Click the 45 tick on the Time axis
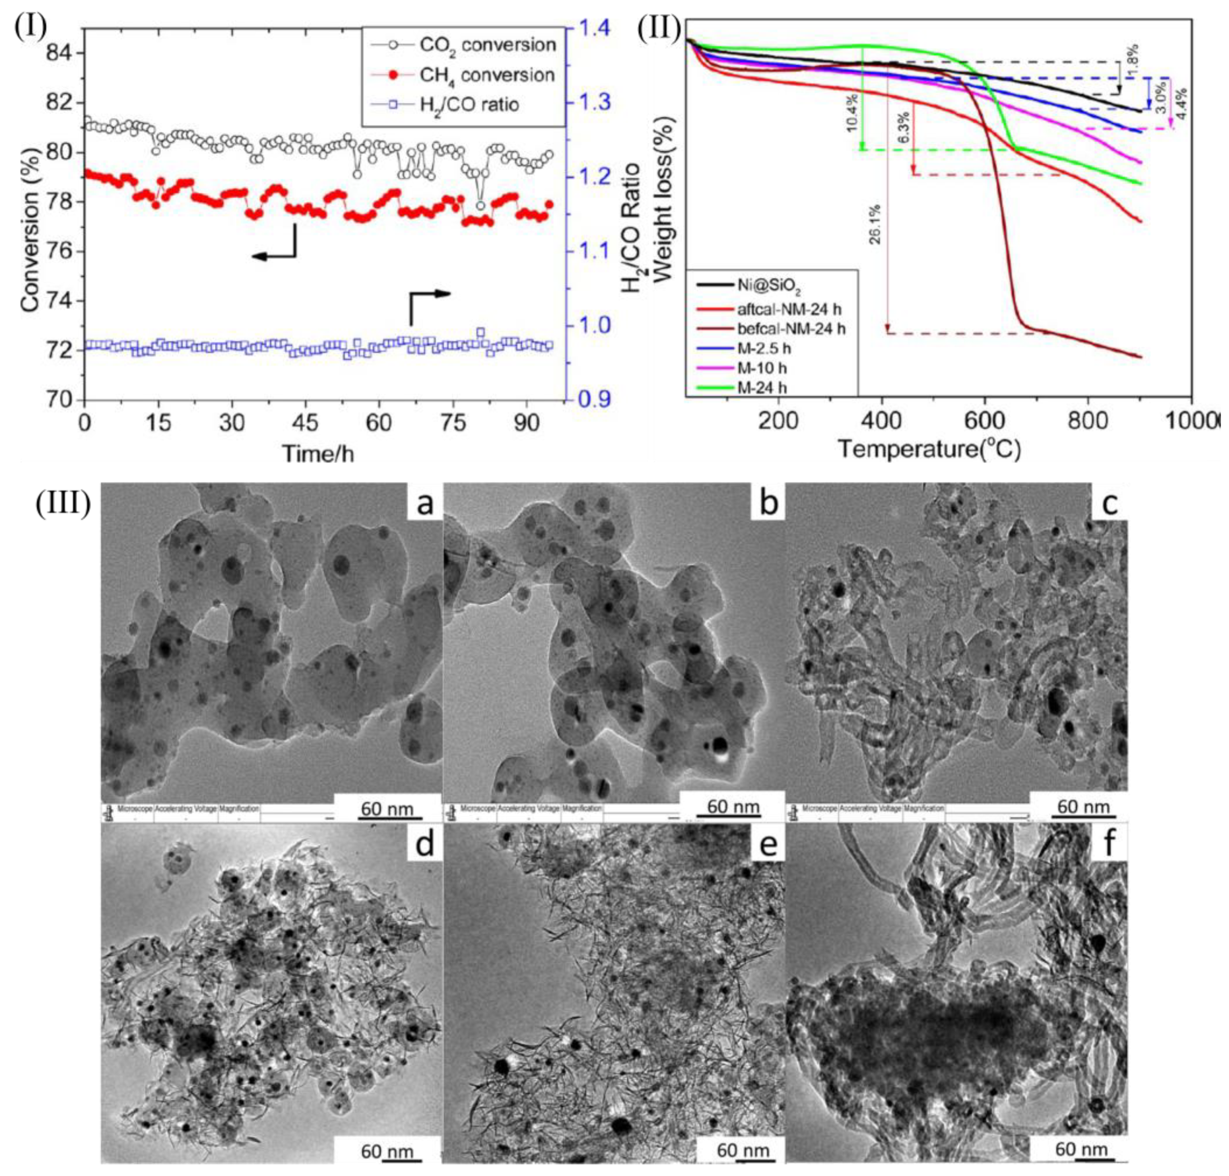306,422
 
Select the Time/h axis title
317,453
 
